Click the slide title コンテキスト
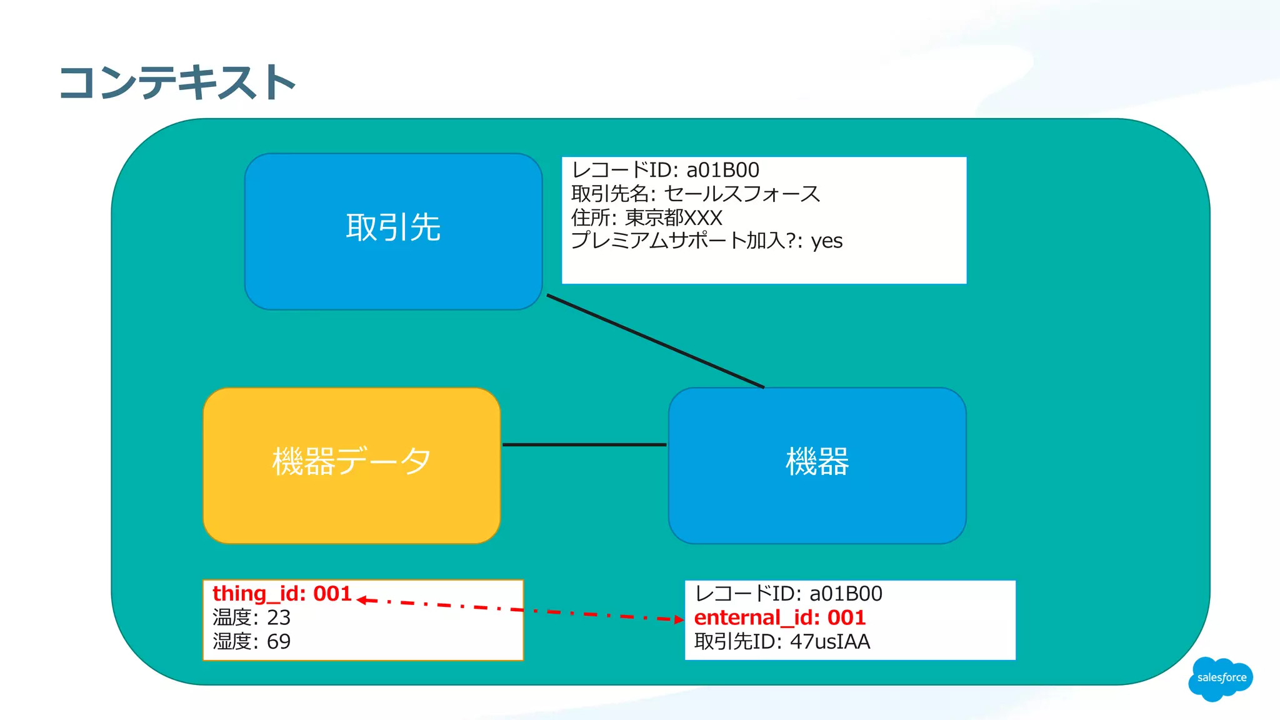(177, 82)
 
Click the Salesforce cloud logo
(1221, 678)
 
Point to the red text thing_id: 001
(282, 594)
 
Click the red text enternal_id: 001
(779, 617)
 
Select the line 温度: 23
(251, 617)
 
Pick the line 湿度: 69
(251, 642)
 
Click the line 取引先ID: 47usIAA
(781, 642)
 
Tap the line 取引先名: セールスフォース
(695, 194)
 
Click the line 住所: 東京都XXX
(646, 217)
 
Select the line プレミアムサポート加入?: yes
(706, 241)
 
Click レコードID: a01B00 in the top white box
(665, 170)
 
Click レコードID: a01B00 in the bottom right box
(788, 594)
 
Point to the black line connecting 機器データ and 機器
(584, 444)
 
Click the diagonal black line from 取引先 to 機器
(655, 341)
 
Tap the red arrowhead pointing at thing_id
(362, 600)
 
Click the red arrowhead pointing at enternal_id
(679, 619)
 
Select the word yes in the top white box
(826, 241)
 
